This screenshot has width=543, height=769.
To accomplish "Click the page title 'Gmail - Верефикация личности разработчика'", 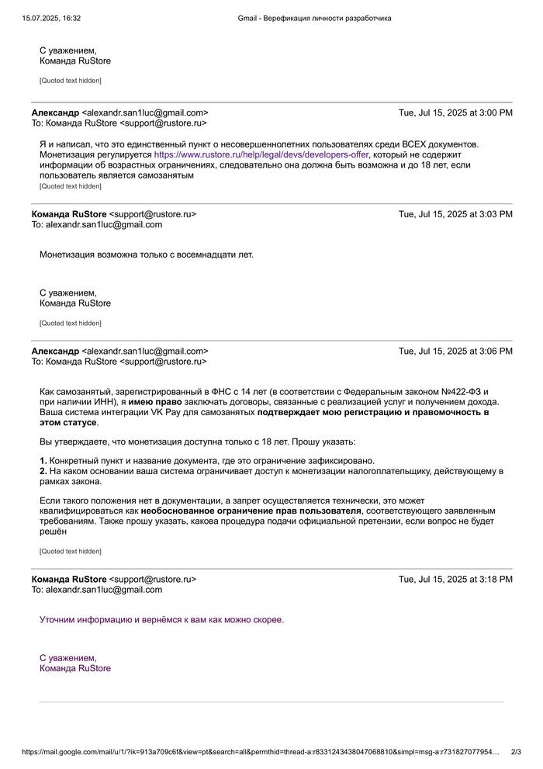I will (x=314, y=18).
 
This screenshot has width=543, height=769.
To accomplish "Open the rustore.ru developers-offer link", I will (x=261, y=154).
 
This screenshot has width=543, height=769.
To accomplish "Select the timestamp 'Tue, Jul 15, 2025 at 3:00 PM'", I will (x=455, y=113).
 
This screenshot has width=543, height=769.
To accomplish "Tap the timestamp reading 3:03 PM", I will (x=455, y=214).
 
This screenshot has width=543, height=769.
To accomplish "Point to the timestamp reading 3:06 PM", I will (x=455, y=351).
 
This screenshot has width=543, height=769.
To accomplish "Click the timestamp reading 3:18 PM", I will (x=455, y=579).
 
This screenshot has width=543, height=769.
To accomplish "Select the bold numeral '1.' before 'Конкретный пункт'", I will (x=43, y=460).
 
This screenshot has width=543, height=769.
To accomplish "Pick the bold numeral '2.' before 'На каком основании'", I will (x=43, y=471).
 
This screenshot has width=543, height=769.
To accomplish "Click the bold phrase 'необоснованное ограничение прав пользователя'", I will (x=251, y=511).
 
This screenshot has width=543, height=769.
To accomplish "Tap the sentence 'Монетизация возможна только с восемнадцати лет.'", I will (x=147, y=254).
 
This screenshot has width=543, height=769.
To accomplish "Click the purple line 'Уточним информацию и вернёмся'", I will (x=161, y=619).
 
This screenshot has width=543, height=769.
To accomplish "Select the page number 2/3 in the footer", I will (x=516, y=751).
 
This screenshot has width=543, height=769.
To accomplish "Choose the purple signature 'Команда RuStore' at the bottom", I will (x=75, y=668).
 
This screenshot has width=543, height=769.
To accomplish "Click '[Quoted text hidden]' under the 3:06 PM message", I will (x=71, y=552).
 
